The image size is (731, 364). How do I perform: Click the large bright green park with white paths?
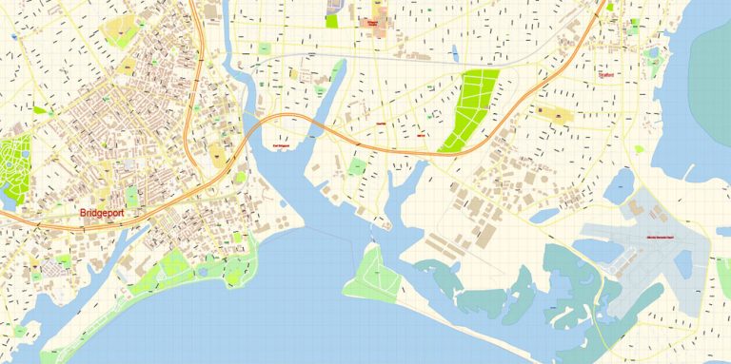pyautogui.click(x=469, y=109)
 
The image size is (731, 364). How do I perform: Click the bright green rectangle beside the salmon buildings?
pyautogui.click(x=331, y=20)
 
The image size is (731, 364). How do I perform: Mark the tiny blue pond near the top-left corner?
pyautogui.click(x=15, y=37)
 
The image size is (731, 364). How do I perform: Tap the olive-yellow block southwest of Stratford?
pyautogui.click(x=557, y=116)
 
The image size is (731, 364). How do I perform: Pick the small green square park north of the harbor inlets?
pyautogui.click(x=356, y=167)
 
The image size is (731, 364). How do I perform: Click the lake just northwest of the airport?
pyautogui.click(x=617, y=181)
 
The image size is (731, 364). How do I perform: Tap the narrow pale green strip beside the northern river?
pyautogui.click(x=337, y=76)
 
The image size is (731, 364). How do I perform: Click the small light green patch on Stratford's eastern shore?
pyautogui.click(x=653, y=60)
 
